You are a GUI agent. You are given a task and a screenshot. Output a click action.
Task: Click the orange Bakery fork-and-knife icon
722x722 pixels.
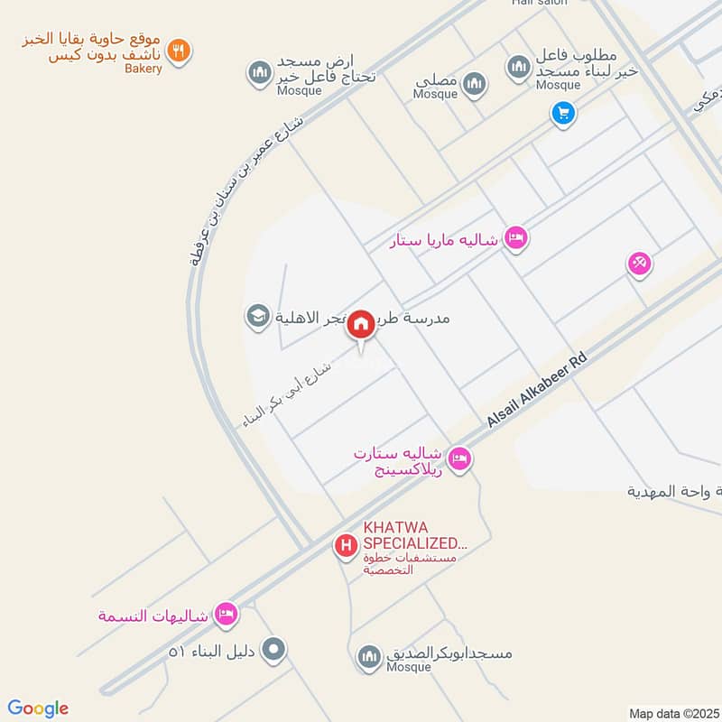(180, 51)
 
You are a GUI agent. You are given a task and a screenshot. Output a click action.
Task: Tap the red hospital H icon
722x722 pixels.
(345, 546)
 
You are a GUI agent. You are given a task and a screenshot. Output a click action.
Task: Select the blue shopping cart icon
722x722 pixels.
(563, 113)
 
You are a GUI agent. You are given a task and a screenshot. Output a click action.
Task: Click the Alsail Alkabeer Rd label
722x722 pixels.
(536, 391)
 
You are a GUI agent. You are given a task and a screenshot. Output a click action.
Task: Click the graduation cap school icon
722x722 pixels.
(258, 317)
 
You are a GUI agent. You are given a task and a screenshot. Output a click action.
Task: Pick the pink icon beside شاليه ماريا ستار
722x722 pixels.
(516, 238)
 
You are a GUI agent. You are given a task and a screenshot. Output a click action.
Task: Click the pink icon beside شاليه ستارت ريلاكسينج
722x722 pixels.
(459, 459)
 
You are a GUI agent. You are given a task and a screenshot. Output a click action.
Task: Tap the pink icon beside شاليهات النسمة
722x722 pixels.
(226, 615)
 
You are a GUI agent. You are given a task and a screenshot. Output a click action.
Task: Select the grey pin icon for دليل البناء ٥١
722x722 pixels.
(275, 649)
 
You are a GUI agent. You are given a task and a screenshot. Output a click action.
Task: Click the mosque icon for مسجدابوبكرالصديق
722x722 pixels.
(368, 657)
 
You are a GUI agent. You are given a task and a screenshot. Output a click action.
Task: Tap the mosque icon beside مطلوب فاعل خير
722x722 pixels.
(518, 66)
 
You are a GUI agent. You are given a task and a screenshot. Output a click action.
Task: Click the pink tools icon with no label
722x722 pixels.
(640, 264)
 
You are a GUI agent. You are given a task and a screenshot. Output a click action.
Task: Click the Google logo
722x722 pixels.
(38, 708)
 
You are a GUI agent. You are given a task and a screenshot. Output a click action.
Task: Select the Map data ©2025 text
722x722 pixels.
(673, 713)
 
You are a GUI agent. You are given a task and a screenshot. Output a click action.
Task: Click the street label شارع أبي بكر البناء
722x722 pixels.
(293, 390)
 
